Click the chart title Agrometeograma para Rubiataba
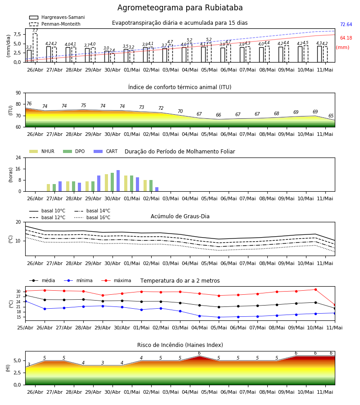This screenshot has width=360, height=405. tap(180, 8)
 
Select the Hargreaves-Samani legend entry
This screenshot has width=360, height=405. tap(57, 17)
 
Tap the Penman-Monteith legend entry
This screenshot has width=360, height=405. tap(55, 24)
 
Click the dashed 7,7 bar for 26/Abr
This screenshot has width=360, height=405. tap(35, 48)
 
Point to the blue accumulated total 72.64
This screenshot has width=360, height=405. tap(346, 25)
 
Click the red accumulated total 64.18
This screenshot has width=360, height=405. tap(346, 38)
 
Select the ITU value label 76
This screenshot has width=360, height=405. tap(29, 103)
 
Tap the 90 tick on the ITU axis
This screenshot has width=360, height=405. tap(18, 93)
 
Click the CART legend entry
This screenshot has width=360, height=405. tap(106, 151)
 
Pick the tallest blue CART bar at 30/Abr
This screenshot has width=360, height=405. tap(118, 181)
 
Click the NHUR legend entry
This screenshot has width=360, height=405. tap(42, 151)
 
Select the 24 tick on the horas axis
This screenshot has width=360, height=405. tap(18, 157)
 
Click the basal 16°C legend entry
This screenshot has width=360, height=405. tap(92, 217)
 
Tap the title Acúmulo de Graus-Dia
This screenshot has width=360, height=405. tap(180, 216)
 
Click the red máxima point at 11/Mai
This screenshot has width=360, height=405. tap(335, 305)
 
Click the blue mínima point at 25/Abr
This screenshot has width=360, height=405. tap(25, 301)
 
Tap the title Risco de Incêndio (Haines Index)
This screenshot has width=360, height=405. tap(180, 345)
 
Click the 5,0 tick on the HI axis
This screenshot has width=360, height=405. tap(18, 360)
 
